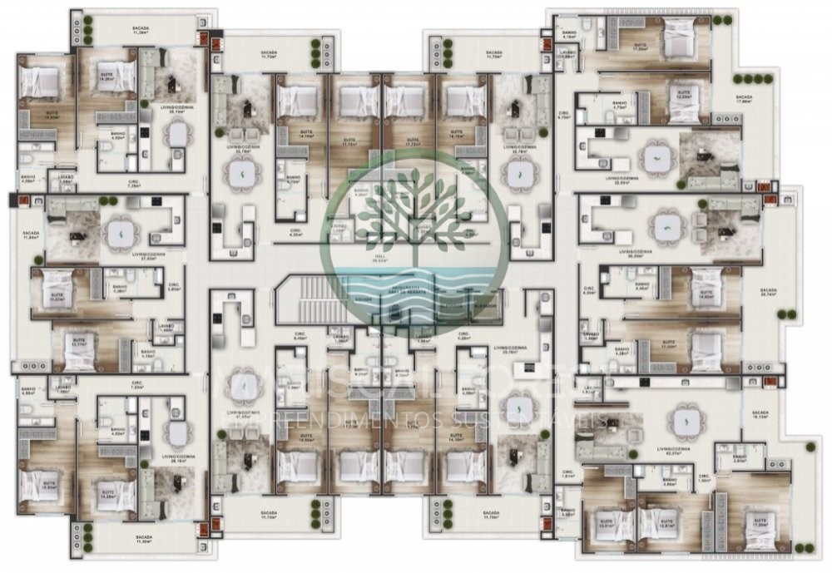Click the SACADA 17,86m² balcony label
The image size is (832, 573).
click(x=744, y=101)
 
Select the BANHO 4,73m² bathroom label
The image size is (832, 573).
click(x=619, y=107)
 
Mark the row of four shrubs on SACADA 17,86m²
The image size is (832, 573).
click(x=753, y=79)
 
